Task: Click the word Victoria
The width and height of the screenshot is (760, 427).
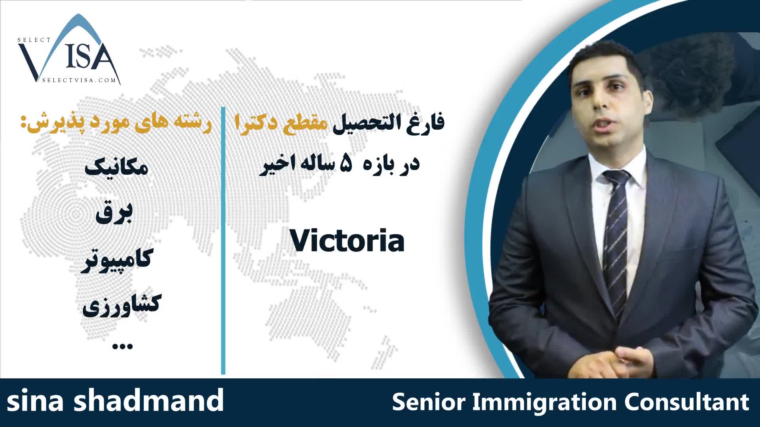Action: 347,241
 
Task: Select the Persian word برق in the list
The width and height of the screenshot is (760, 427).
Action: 114,214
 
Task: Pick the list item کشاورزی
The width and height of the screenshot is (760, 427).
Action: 120,306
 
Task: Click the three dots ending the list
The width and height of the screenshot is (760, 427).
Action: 123,346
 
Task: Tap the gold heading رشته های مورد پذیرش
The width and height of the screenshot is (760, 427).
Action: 116,123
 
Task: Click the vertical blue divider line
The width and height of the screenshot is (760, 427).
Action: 223,240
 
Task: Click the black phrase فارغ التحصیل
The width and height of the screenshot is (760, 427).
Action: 388,123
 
